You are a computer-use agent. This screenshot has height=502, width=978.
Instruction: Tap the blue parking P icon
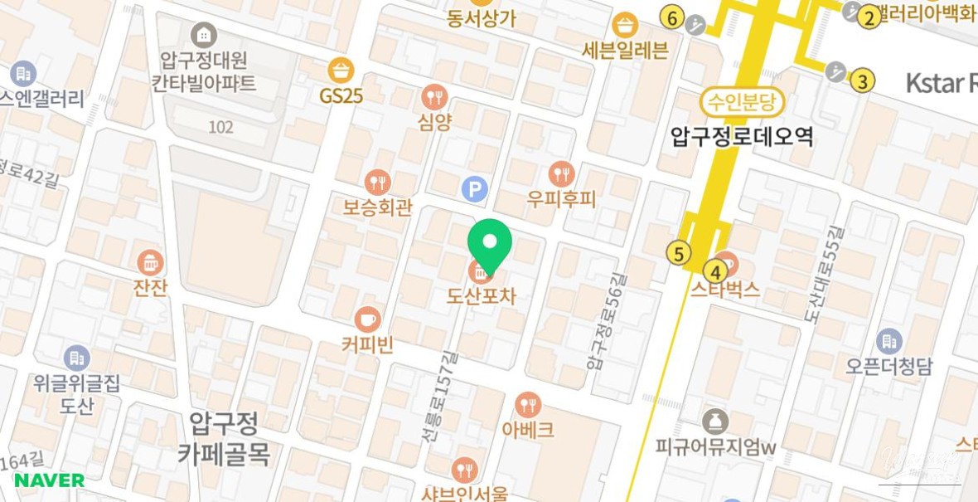474,190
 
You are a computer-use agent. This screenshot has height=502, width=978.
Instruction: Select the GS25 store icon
341,71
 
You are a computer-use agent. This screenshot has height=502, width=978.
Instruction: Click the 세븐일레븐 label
625,50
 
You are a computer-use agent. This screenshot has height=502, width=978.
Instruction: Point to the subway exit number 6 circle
671,17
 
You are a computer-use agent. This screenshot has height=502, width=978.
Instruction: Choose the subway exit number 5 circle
680,253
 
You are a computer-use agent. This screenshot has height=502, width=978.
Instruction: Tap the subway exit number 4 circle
714,270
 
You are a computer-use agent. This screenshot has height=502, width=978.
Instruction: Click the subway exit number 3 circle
863,80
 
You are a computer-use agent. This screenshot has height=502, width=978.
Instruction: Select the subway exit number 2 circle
868,17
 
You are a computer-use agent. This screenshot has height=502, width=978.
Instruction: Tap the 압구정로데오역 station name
742,135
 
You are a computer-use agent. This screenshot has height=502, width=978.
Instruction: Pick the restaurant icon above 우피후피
562,174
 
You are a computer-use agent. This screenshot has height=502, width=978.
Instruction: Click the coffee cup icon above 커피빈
367,319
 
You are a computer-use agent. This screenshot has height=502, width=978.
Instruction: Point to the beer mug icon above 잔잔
150,263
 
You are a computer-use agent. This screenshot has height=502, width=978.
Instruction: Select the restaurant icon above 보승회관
377,182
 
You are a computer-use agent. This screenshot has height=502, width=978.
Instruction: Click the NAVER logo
49,480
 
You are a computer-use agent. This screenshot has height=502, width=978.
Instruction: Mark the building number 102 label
220,127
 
